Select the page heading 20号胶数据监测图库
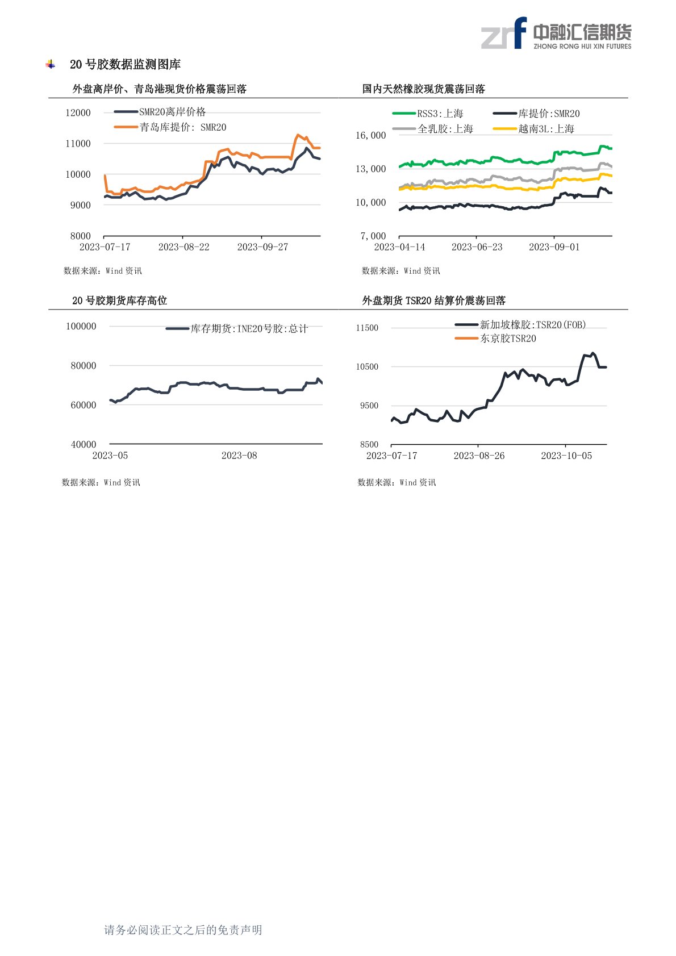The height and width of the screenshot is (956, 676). coord(125,65)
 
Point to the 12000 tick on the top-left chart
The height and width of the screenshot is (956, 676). coord(78,112)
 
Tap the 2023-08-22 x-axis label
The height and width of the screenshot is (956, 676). coord(183,247)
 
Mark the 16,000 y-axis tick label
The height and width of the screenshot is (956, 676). coord(370,135)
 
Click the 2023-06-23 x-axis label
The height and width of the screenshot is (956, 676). coord(477,247)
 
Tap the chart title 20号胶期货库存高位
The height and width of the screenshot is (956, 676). coord(119,300)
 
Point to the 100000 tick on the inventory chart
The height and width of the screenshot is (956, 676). coord(81,326)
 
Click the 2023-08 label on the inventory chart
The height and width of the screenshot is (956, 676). coord(239,456)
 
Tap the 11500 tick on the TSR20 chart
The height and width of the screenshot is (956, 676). coord(367,328)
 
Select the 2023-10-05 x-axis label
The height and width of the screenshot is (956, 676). coord(566,456)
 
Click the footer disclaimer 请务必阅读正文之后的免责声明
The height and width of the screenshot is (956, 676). coord(183,930)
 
